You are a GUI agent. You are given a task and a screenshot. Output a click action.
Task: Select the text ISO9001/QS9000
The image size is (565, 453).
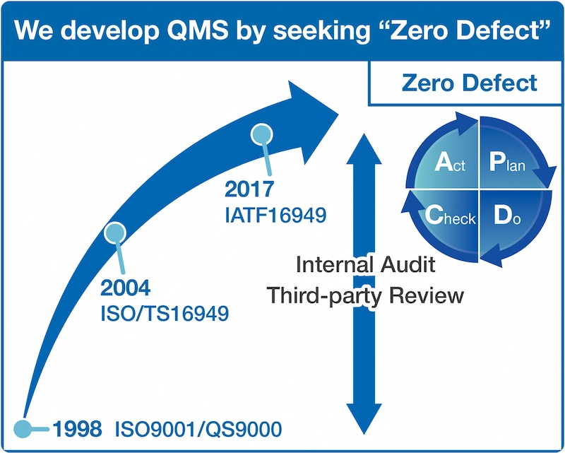(193, 428)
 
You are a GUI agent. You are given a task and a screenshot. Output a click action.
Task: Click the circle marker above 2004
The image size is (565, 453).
(114, 232)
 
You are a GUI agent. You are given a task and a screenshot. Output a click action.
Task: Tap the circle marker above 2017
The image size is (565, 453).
(262, 133)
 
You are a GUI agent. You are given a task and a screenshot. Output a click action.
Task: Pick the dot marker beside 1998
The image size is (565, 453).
(23, 428)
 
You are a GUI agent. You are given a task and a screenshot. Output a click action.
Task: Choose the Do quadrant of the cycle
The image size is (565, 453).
(507, 216)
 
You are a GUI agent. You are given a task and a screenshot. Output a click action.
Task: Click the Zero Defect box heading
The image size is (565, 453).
(469, 83)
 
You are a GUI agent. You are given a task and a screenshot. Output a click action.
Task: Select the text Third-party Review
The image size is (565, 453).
(364, 295)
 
